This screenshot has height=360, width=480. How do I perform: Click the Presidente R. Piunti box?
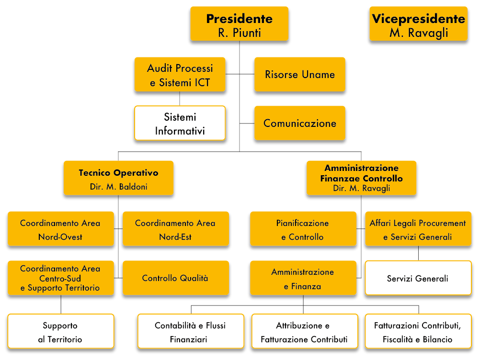tap(240, 24)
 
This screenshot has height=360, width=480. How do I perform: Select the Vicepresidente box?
tap(419, 24)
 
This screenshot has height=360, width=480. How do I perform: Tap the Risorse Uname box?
tap(300, 74)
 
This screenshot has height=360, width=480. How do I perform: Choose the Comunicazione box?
tap(300, 123)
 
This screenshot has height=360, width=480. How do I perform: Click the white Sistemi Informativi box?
tap(180, 123)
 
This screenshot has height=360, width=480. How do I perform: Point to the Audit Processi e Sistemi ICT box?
tap(180, 74)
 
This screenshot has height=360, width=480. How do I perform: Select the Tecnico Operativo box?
tap(118, 178)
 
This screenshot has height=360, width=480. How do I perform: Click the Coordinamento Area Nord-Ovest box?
tap(61, 229)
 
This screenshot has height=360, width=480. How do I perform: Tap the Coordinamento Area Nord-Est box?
tap(175, 229)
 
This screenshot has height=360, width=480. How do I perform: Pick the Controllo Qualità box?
tap(175, 278)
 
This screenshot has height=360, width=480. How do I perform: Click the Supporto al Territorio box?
tap(61, 331)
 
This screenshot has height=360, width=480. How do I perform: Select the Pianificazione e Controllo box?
tap(303, 229)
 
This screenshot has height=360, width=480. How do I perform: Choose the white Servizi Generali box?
tap(418, 278)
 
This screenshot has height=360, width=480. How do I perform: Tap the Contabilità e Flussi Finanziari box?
tap(191, 331)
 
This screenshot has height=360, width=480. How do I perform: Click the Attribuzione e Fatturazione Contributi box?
tap(305, 331)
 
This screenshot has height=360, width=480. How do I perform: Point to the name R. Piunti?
tap(240, 33)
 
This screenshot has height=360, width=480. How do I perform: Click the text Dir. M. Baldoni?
tap(118, 187)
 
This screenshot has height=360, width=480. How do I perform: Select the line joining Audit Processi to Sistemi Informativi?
tap(180, 99)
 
